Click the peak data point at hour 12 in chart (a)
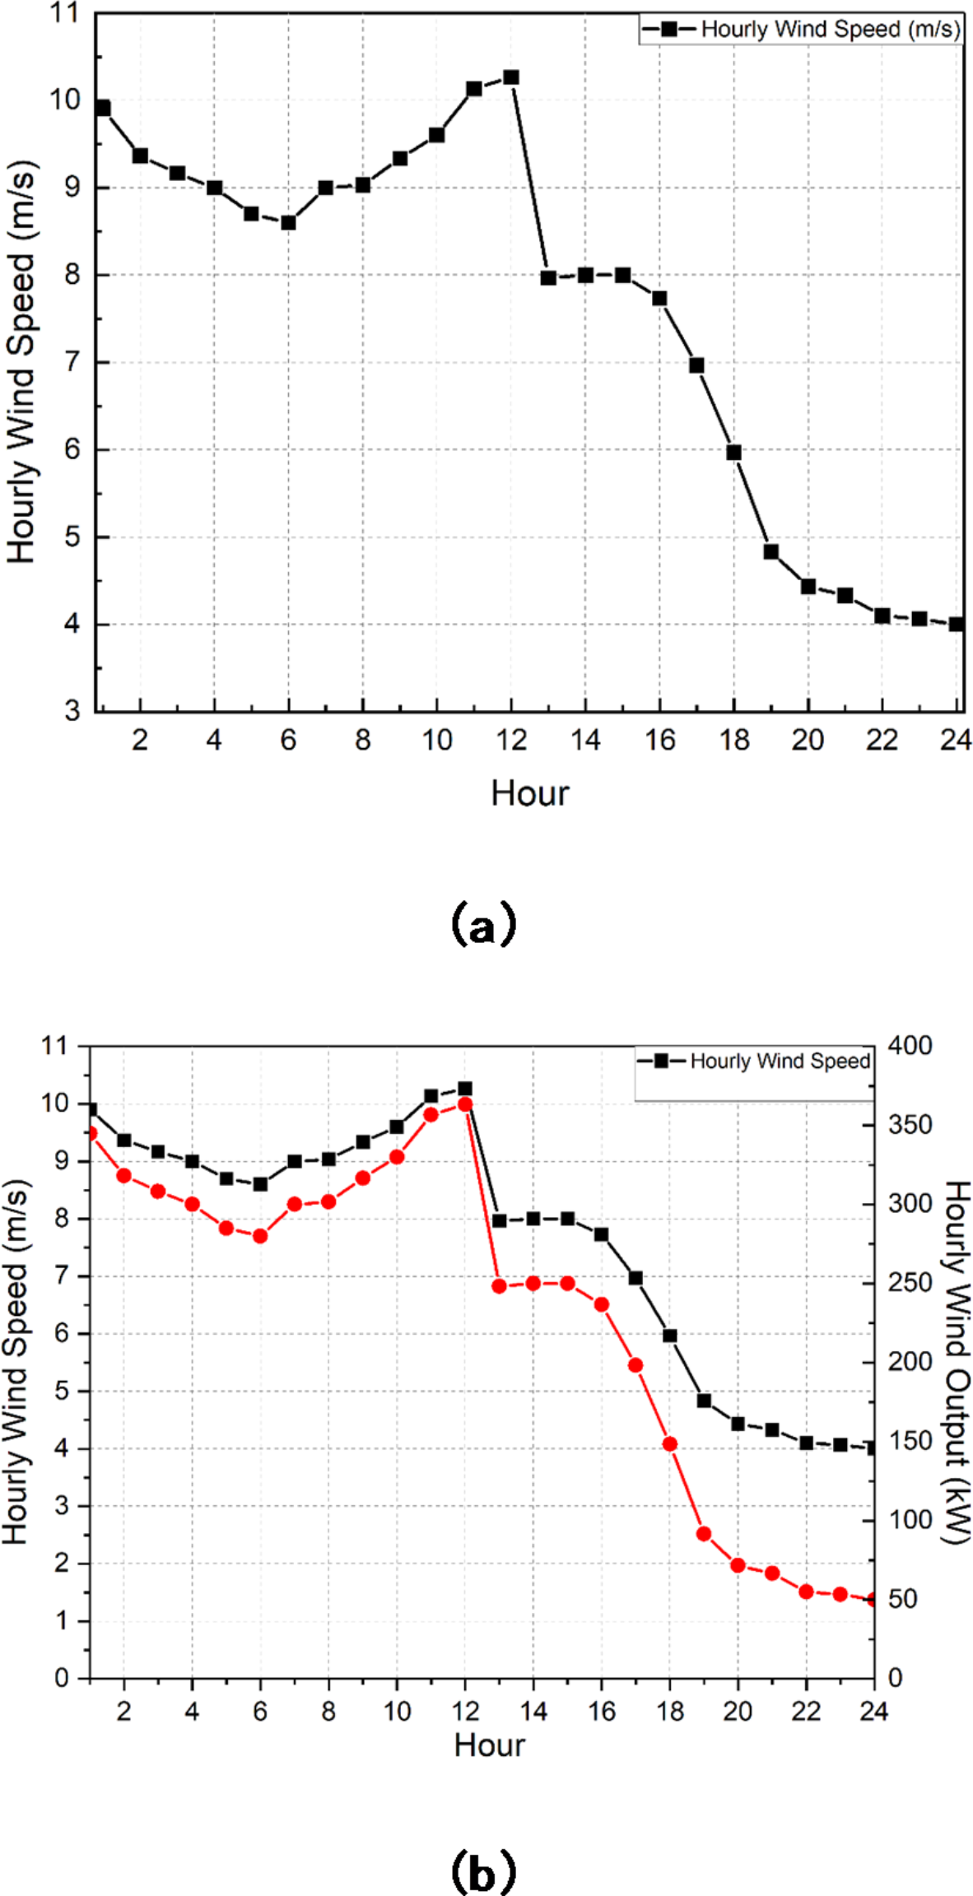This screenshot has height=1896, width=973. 511,77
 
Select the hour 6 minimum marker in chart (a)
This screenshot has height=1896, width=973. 288,222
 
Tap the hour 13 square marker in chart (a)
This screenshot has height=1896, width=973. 548,278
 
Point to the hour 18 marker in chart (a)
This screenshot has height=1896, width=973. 734,453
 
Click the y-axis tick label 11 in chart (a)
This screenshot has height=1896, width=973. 65,13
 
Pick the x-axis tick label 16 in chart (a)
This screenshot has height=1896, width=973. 659,741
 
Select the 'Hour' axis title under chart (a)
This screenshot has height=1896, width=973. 529,794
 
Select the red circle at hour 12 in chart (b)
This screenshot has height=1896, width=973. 465,1104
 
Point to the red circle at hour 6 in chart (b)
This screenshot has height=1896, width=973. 260,1236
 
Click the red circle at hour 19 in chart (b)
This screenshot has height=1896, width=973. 704,1534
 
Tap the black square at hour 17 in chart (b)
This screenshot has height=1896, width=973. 635,1278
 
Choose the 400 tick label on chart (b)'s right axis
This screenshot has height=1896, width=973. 910,1046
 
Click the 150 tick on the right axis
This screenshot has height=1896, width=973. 910,1442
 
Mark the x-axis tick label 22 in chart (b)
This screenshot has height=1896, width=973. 806,1712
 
